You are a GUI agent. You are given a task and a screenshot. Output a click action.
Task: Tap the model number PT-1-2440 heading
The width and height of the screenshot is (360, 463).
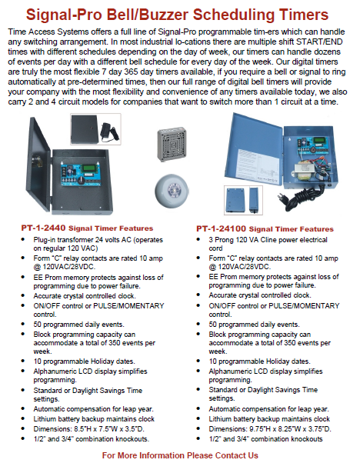43,228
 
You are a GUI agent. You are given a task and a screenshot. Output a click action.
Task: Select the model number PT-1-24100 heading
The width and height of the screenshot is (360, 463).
221,228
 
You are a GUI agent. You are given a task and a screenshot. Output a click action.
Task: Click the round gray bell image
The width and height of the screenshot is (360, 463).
172,190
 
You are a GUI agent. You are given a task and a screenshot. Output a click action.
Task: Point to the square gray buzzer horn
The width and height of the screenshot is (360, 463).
172,144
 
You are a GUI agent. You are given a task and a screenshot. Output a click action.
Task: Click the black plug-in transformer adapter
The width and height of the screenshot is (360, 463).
109,131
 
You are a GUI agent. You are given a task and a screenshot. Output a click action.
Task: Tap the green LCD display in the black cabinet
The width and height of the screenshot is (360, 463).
89,168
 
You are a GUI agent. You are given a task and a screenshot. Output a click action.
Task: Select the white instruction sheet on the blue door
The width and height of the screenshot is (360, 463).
258,162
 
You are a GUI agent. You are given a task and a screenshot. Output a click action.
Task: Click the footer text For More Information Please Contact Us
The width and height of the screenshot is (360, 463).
180,455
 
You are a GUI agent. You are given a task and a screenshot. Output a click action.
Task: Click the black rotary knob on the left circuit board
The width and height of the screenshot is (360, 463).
81,179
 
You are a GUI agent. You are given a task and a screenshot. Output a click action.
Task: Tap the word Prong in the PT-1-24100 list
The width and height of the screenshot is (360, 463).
225,240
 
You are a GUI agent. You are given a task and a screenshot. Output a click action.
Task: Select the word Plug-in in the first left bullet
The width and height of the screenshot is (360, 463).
45,240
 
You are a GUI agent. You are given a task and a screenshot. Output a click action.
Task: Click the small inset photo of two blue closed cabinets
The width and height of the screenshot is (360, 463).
243,200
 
